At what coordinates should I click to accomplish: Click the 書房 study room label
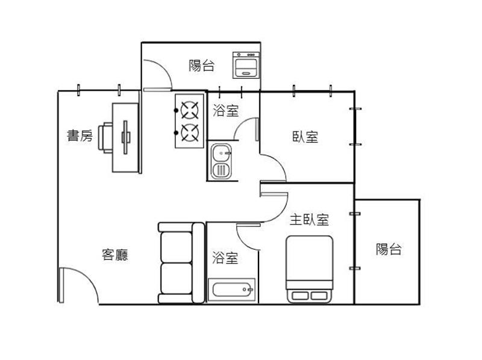(80, 135)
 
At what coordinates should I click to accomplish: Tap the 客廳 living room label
(114, 255)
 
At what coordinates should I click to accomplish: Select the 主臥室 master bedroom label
(309, 220)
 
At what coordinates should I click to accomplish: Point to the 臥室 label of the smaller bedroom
(305, 137)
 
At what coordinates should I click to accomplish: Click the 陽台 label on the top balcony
(201, 66)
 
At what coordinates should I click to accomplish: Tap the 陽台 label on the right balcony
(389, 249)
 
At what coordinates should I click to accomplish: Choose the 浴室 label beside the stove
(225, 111)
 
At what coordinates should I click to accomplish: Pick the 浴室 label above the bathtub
(225, 258)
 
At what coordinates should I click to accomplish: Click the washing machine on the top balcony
(246, 65)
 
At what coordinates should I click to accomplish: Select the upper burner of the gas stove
(190, 110)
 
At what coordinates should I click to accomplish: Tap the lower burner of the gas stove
(190, 133)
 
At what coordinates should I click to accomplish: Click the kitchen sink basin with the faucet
(221, 154)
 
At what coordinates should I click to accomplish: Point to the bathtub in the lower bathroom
(232, 290)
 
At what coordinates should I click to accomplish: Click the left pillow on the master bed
(299, 296)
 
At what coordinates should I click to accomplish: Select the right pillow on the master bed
(319, 296)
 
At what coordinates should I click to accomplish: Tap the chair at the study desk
(105, 138)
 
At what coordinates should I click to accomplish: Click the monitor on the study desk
(126, 137)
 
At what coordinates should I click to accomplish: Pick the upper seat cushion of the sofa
(177, 247)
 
